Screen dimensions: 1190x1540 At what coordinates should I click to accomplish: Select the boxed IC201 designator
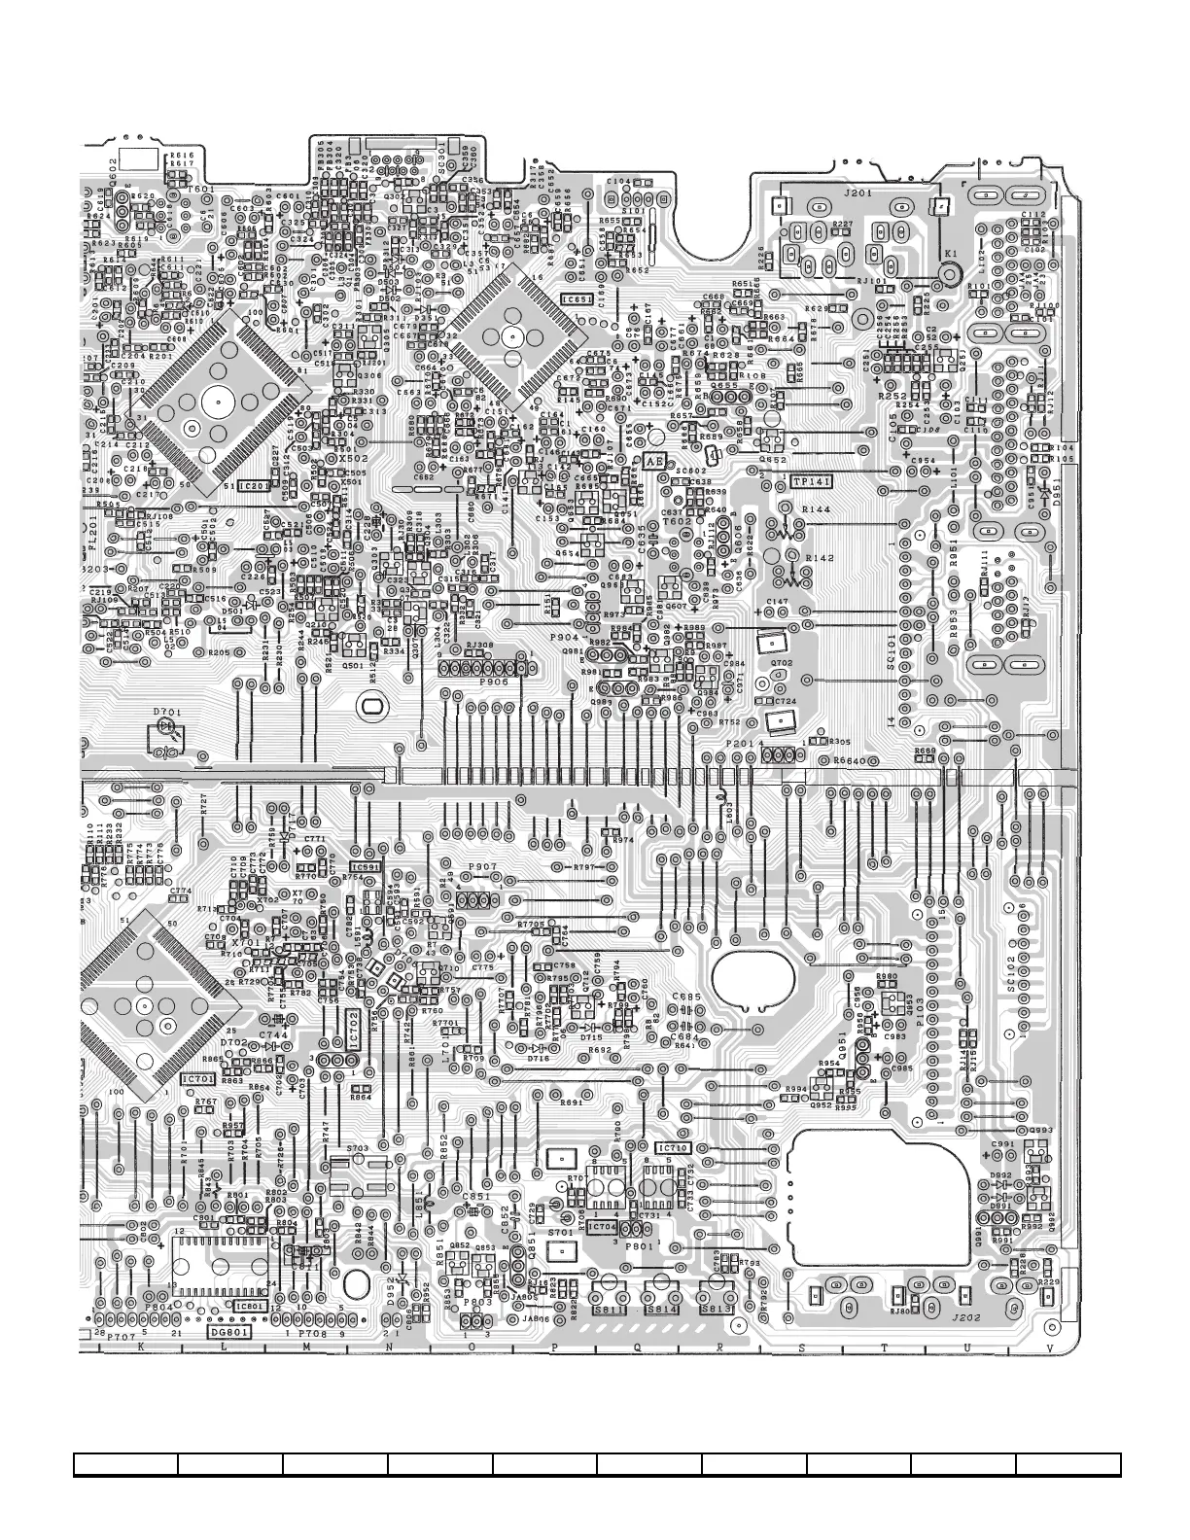pyautogui.click(x=256, y=485)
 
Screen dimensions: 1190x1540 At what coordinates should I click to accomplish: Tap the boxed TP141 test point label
pyautogui.click(x=812, y=482)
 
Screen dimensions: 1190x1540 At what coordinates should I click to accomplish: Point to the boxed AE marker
pyautogui.click(x=654, y=462)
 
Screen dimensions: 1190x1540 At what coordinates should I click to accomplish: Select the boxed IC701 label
pyautogui.click(x=198, y=1079)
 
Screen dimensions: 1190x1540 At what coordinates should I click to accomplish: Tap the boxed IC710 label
pyautogui.click(x=674, y=1148)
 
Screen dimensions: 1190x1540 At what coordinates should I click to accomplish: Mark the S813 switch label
pyautogui.click(x=717, y=1309)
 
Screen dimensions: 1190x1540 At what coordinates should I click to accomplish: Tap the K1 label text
pyautogui.click(x=951, y=254)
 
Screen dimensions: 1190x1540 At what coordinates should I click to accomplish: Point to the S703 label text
pyautogui.click(x=358, y=1148)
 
